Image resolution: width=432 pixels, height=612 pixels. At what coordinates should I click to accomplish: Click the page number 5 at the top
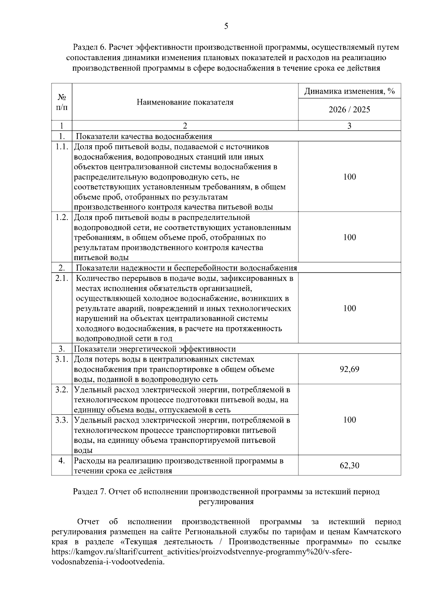click(x=226, y=26)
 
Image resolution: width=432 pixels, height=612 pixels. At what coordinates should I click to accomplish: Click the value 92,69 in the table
click(x=349, y=369)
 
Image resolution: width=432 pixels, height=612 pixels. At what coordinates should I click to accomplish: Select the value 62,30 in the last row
click(x=349, y=466)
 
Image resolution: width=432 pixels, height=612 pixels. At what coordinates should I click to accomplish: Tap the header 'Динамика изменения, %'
click(x=349, y=91)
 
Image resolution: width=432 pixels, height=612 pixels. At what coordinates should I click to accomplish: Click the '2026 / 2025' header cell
click(x=349, y=110)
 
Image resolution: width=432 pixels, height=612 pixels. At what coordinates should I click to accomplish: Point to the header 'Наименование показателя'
click(x=185, y=102)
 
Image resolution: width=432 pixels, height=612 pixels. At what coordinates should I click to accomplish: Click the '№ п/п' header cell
click(x=62, y=102)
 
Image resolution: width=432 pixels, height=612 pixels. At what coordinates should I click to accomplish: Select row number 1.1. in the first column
click(x=62, y=147)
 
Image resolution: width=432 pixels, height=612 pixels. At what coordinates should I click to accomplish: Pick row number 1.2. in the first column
click(x=62, y=218)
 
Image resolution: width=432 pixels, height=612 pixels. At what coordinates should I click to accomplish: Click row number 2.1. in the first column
click(x=62, y=278)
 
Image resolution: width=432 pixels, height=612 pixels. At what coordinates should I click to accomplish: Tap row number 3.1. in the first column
click(x=62, y=359)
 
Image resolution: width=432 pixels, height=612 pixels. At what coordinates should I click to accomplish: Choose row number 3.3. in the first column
click(x=62, y=420)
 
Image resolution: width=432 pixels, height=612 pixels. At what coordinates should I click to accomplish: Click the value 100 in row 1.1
click(x=349, y=177)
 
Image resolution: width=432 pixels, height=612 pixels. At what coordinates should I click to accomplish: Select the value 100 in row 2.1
click(x=349, y=308)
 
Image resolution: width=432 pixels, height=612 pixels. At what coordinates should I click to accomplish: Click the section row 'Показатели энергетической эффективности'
click(x=155, y=349)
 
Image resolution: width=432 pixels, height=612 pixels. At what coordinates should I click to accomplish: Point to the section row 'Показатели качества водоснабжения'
click(x=144, y=136)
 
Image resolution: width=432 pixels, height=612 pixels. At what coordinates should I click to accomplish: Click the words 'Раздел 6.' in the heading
click(x=89, y=47)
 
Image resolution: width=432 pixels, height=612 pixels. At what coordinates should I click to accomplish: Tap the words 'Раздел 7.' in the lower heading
click(x=89, y=492)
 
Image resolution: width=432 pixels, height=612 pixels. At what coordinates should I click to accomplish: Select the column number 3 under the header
click(x=349, y=126)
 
